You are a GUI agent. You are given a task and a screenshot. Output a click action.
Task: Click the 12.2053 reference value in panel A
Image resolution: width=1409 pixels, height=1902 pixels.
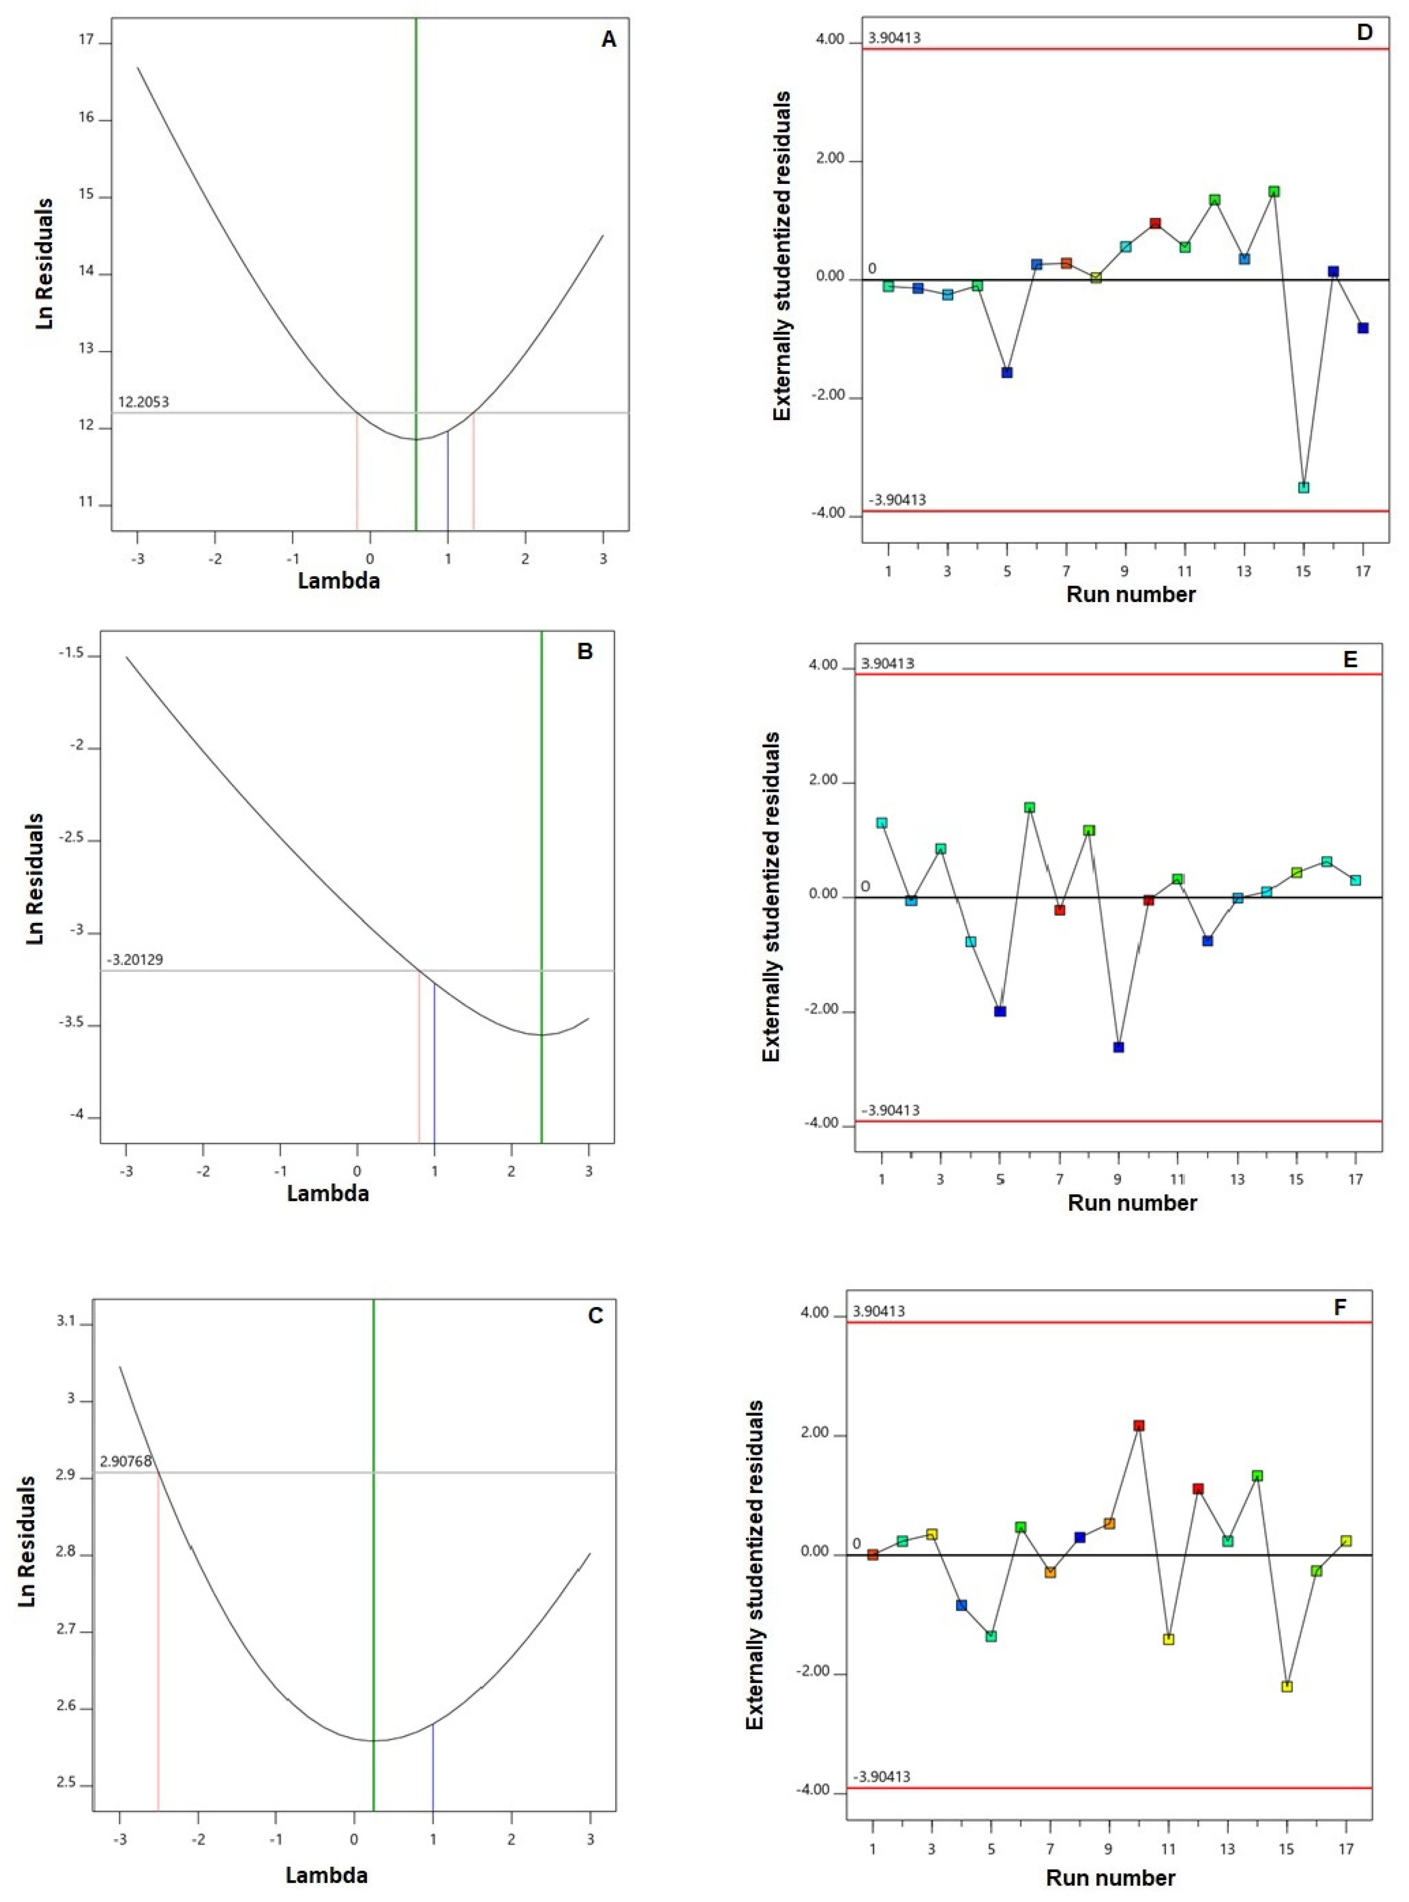(143, 402)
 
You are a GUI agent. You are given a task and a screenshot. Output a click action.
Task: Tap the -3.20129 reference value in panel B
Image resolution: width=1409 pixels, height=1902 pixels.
(135, 959)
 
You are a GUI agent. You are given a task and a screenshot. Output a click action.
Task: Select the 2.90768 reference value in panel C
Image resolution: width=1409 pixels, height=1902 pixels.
(125, 1461)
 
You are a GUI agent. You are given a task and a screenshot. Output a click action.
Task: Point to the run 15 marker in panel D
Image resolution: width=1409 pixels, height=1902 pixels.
(1303, 487)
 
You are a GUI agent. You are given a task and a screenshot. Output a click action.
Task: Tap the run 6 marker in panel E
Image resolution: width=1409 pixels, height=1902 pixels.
(1030, 807)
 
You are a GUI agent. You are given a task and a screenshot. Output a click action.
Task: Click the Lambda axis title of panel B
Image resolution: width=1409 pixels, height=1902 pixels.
(328, 1193)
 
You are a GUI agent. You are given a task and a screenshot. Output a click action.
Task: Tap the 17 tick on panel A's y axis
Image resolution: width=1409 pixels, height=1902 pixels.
(86, 41)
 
